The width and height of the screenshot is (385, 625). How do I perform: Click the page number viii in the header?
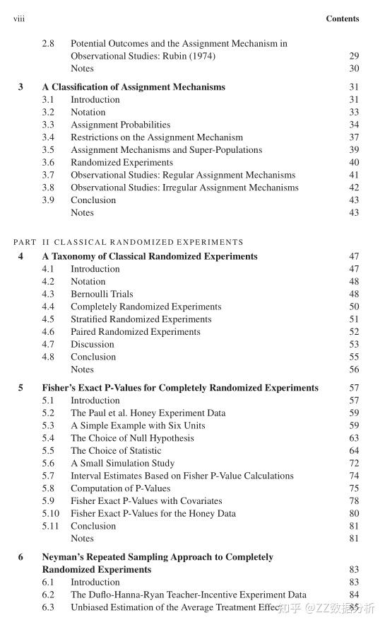point(19,18)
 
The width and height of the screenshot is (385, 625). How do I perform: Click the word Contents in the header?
point(343,18)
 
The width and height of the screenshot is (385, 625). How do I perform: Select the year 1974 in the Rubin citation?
point(201,56)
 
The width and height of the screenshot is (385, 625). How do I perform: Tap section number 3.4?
point(48,137)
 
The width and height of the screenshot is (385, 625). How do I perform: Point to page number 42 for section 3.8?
point(354,188)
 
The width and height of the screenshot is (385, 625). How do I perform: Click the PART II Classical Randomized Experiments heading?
point(128,242)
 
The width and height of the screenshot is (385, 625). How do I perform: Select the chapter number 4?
point(20,256)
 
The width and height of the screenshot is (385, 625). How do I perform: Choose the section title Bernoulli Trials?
point(102,294)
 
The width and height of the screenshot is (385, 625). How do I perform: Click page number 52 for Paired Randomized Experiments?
point(354,331)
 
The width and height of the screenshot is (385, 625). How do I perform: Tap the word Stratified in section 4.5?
point(88,319)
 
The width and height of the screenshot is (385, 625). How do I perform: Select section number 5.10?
point(50,513)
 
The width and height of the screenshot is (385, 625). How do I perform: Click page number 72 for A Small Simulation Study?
point(354,463)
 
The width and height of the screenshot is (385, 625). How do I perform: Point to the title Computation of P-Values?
point(120,488)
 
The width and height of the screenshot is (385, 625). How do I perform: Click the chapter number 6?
point(20,557)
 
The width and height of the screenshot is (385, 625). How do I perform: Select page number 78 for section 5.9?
point(354,500)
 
